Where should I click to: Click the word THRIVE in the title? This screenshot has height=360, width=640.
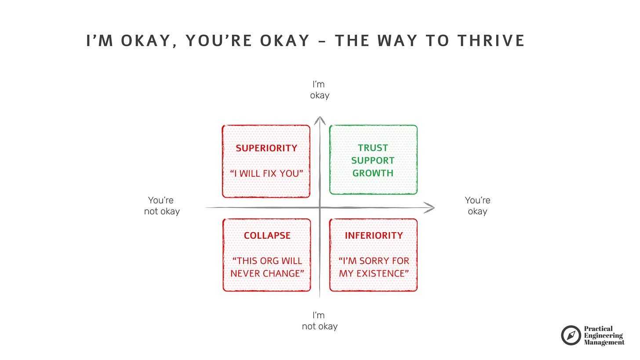491,40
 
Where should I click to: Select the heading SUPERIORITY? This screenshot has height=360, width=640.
266,148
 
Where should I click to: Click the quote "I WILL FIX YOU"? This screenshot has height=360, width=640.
266,173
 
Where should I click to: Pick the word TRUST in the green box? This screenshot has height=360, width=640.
373,148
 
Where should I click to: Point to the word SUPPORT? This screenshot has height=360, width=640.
373,160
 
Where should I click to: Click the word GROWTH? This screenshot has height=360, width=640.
373,173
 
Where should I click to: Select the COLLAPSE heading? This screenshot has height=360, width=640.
267,236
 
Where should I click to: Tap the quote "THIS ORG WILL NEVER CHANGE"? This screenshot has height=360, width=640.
267,267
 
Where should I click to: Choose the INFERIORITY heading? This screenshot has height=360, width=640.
373,236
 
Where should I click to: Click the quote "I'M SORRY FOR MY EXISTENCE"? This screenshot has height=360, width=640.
373,267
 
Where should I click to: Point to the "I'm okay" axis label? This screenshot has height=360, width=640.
320,90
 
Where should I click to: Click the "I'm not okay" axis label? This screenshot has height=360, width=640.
320,320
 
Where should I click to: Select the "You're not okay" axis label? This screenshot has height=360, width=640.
162,206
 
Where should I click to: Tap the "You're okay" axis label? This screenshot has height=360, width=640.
477,206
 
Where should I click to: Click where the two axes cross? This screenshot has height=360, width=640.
320,207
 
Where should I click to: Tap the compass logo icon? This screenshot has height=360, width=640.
571,335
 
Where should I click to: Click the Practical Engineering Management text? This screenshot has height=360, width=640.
604,335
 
